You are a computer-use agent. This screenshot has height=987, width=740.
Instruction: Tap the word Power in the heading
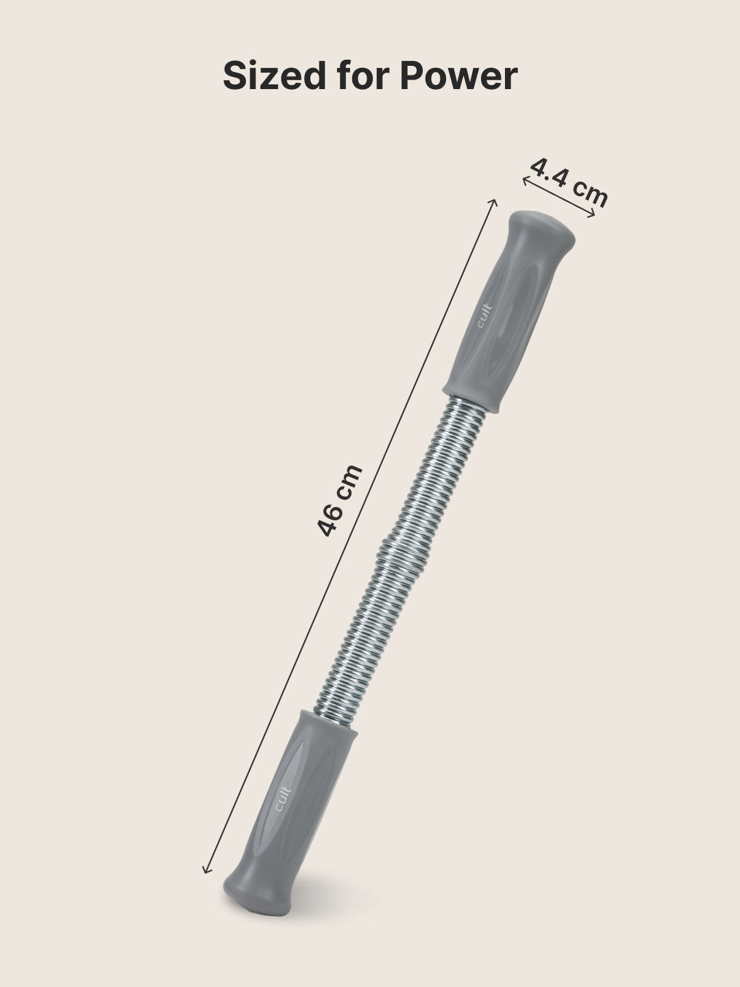click(458, 75)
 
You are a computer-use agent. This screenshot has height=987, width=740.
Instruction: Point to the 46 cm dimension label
click(340, 500)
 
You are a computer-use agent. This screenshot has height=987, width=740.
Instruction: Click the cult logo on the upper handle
click(482, 317)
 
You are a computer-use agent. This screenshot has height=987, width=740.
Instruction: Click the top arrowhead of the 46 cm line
click(494, 201)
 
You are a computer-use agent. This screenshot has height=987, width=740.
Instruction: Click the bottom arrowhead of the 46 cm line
click(205, 872)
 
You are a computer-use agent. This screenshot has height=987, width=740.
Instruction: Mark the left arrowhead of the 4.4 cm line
click(525, 180)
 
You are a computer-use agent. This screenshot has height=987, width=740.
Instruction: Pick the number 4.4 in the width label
click(552, 173)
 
